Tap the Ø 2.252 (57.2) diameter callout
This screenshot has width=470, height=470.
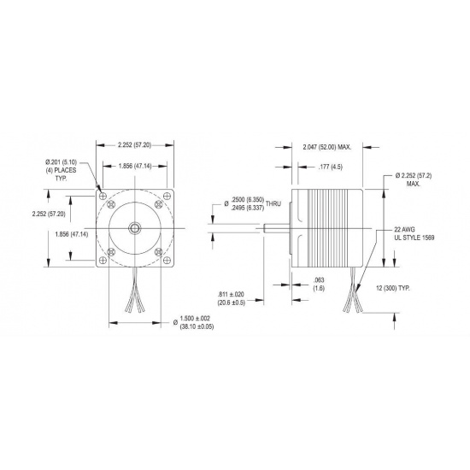click(420, 175)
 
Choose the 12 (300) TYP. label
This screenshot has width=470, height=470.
click(392, 288)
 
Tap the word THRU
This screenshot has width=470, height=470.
click(273, 204)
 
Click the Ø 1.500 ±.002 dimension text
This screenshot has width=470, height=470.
click(193, 319)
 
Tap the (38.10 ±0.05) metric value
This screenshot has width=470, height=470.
click(193, 327)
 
